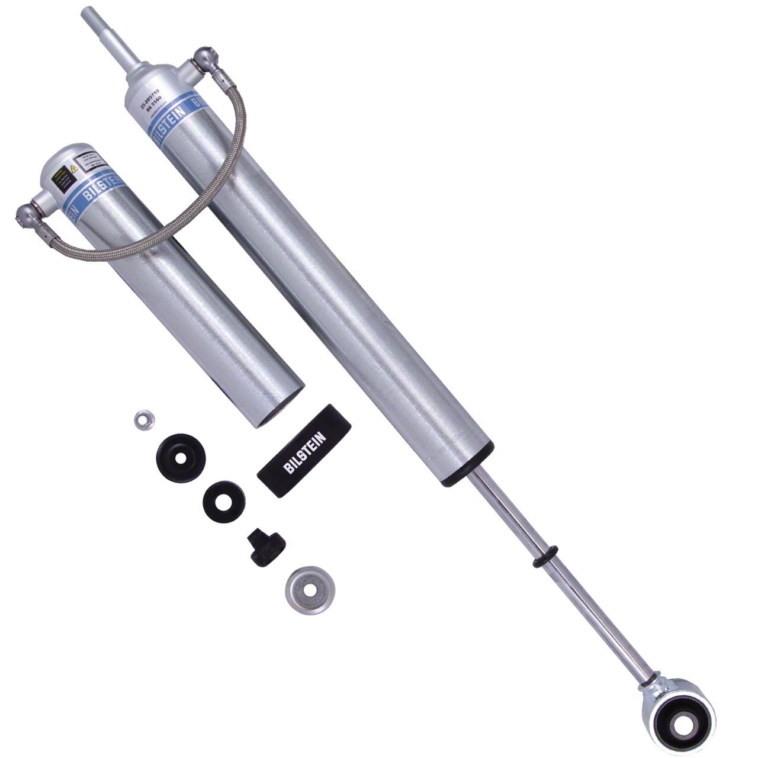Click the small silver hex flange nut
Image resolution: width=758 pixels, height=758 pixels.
pyautogui.click(x=140, y=420)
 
